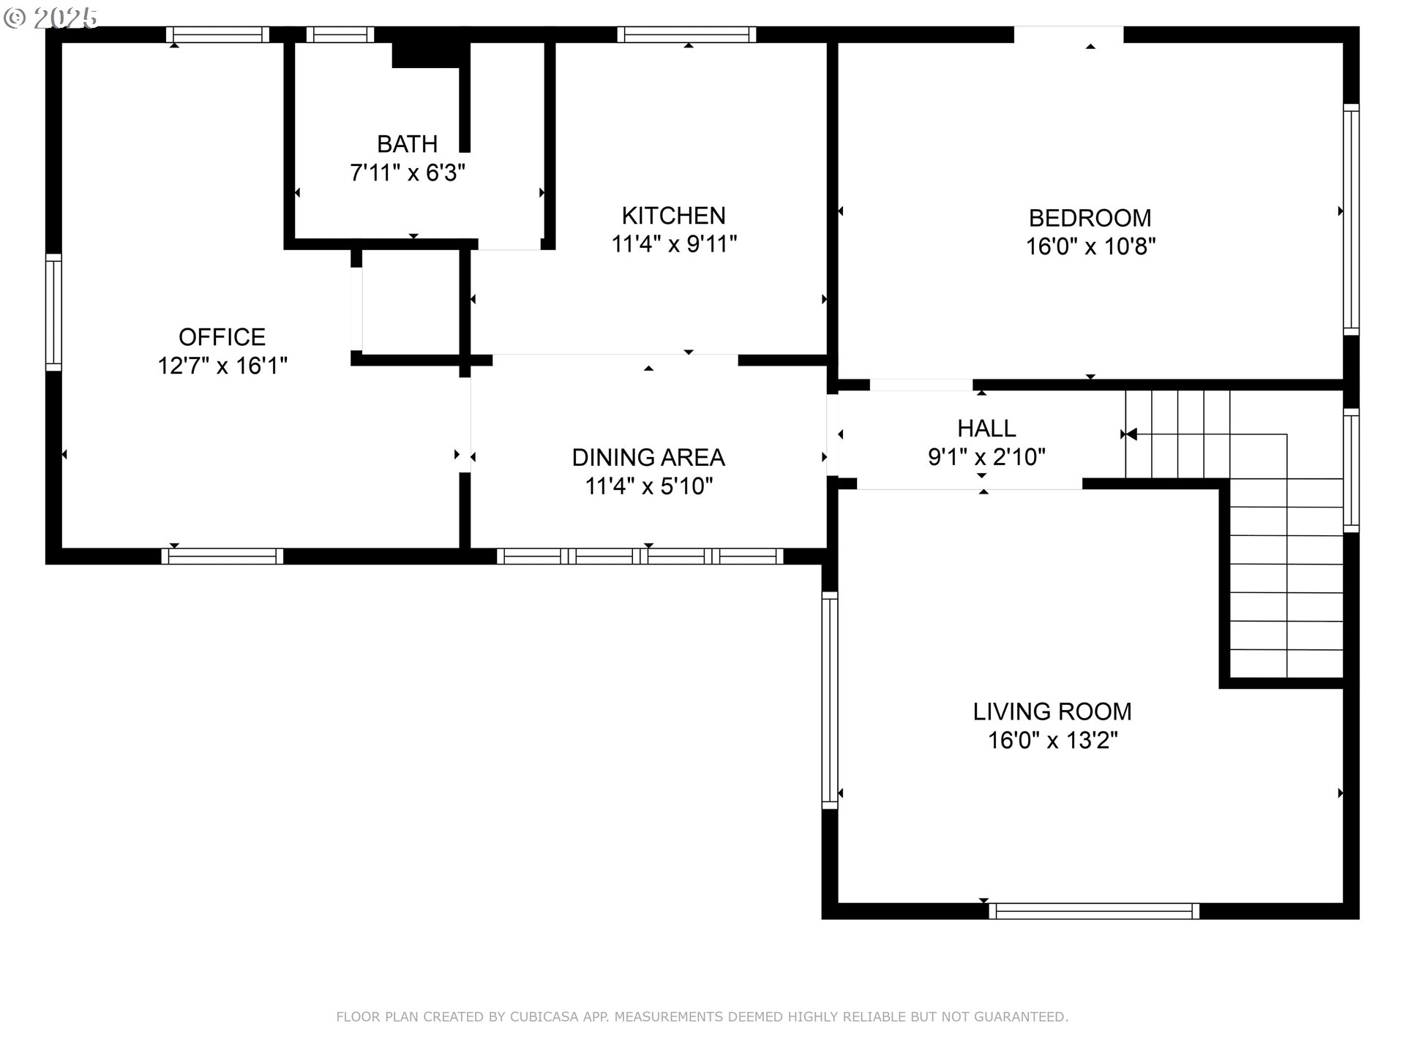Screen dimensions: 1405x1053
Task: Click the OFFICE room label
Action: pyautogui.click(x=222, y=337)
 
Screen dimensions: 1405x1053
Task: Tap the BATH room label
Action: pyautogui.click(x=408, y=143)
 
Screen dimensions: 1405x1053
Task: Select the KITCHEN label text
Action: pyautogui.click(x=674, y=216)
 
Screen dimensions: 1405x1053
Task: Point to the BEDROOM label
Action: pyautogui.click(x=1090, y=218)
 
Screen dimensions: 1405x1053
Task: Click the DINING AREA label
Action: pyautogui.click(x=648, y=458)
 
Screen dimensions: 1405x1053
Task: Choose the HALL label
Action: pyautogui.click(x=986, y=429)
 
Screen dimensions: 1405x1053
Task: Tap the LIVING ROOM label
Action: pyautogui.click(x=1052, y=712)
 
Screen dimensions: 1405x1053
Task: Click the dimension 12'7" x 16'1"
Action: pyautogui.click(x=222, y=366)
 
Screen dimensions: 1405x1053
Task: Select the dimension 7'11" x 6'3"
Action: pyautogui.click(x=408, y=173)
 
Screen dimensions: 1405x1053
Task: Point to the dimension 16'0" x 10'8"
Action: pyautogui.click(x=1090, y=246)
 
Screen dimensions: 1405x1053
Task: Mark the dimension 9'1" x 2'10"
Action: pyautogui.click(x=986, y=457)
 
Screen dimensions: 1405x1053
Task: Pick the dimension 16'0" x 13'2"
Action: pyautogui.click(x=1052, y=740)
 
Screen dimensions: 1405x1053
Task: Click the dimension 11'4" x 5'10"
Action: pyautogui.click(x=648, y=486)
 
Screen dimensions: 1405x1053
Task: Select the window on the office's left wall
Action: pyautogui.click(x=53, y=312)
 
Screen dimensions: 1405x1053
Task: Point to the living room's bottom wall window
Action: pyautogui.click(x=1094, y=911)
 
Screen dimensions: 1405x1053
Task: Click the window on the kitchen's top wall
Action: pyautogui.click(x=686, y=34)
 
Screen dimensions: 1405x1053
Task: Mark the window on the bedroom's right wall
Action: pyautogui.click(x=1352, y=219)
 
